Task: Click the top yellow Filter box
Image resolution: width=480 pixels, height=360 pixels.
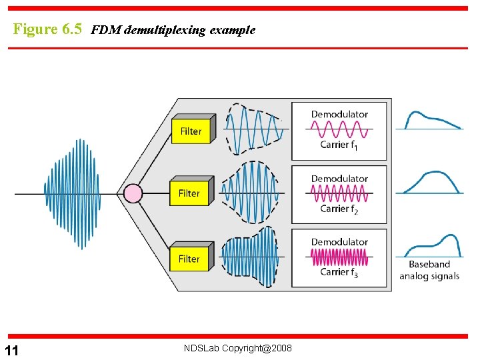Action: click(x=191, y=131)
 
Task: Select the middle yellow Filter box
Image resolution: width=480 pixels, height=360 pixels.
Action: click(x=189, y=193)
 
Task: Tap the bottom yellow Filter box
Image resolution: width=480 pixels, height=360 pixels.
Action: click(x=189, y=258)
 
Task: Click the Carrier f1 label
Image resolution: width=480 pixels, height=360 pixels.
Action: click(x=339, y=145)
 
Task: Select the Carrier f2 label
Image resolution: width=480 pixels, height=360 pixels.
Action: click(x=339, y=209)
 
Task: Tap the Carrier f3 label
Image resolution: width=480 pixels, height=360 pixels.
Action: click(x=339, y=272)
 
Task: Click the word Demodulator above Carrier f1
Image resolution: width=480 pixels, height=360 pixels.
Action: click(x=339, y=114)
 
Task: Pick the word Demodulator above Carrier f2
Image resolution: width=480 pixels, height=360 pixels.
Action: click(x=339, y=179)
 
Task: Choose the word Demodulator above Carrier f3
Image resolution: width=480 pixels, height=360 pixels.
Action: click(x=339, y=241)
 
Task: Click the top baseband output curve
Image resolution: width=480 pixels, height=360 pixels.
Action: click(x=430, y=120)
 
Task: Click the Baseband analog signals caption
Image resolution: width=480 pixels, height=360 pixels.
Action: click(x=429, y=270)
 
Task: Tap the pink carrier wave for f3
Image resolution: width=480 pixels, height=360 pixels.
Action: click(x=339, y=257)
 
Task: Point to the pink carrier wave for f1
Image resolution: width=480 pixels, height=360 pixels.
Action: click(x=339, y=129)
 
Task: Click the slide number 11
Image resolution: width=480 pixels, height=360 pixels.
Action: click(x=12, y=351)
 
